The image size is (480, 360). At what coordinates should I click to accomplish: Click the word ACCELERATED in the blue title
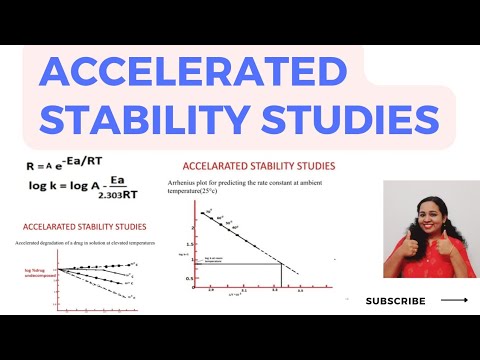[x=185, y=77]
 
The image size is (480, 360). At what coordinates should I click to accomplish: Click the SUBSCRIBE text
[x=395, y=301]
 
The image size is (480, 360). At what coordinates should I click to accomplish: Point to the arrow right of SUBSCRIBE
[x=454, y=300]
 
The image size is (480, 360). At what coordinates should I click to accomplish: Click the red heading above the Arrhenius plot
[x=258, y=166]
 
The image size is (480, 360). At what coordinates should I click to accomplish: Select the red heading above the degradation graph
[x=84, y=226]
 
